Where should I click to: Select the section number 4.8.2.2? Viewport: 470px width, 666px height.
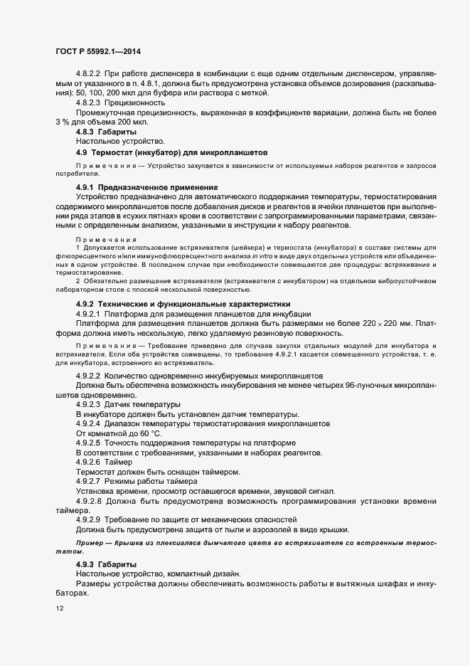90,73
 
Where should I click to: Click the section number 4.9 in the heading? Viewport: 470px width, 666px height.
82,152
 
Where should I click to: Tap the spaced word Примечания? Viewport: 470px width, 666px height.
102,240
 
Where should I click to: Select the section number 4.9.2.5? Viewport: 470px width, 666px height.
90,443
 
